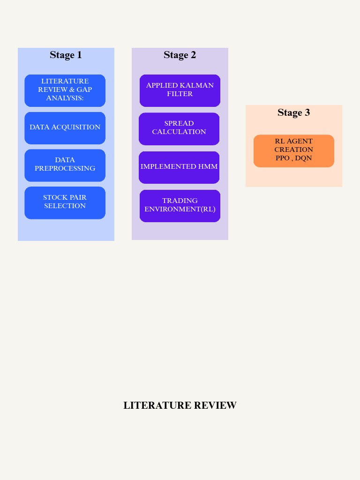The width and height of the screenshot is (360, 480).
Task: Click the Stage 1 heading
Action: [66, 55]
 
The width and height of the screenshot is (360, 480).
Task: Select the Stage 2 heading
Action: [180, 55]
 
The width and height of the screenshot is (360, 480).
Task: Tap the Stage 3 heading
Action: [293, 112]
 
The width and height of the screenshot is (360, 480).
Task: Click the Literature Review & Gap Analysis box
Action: [65, 90]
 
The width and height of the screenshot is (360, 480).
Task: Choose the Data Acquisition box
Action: [65, 127]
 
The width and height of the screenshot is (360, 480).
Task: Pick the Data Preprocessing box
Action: [65, 165]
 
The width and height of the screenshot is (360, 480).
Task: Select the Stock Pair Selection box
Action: [65, 202]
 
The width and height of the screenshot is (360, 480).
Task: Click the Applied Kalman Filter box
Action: [180, 90]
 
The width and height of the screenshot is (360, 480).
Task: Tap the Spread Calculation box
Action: [179, 128]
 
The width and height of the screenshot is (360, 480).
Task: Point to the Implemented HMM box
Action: [179, 167]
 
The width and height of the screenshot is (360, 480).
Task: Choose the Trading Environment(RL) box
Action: [180, 205]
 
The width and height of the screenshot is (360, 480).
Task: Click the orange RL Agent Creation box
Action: [293, 150]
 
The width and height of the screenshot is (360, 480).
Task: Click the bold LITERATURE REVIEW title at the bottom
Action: [180, 405]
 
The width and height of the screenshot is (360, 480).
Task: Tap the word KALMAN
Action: [196, 85]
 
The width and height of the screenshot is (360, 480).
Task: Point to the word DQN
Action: [303, 158]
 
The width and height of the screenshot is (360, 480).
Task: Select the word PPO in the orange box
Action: [282, 158]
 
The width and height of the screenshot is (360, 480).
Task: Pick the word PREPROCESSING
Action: [65, 168]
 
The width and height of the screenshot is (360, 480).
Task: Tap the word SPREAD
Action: [179, 123]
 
